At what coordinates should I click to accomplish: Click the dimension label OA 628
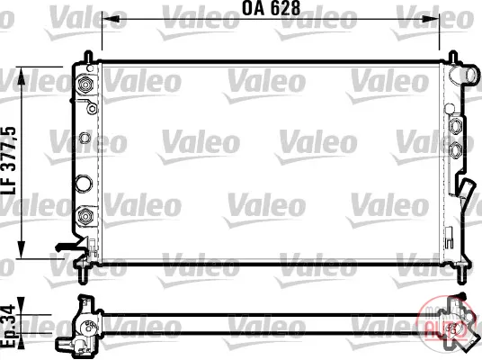(271, 8)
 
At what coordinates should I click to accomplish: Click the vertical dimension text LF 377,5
(9, 160)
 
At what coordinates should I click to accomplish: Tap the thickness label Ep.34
(8, 326)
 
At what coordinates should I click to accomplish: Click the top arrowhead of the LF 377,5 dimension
(22, 76)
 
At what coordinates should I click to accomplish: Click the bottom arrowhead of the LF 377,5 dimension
(22, 250)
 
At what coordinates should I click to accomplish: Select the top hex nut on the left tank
(85, 84)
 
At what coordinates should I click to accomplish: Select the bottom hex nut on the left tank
(85, 215)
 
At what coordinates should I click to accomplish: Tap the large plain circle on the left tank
(84, 183)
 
